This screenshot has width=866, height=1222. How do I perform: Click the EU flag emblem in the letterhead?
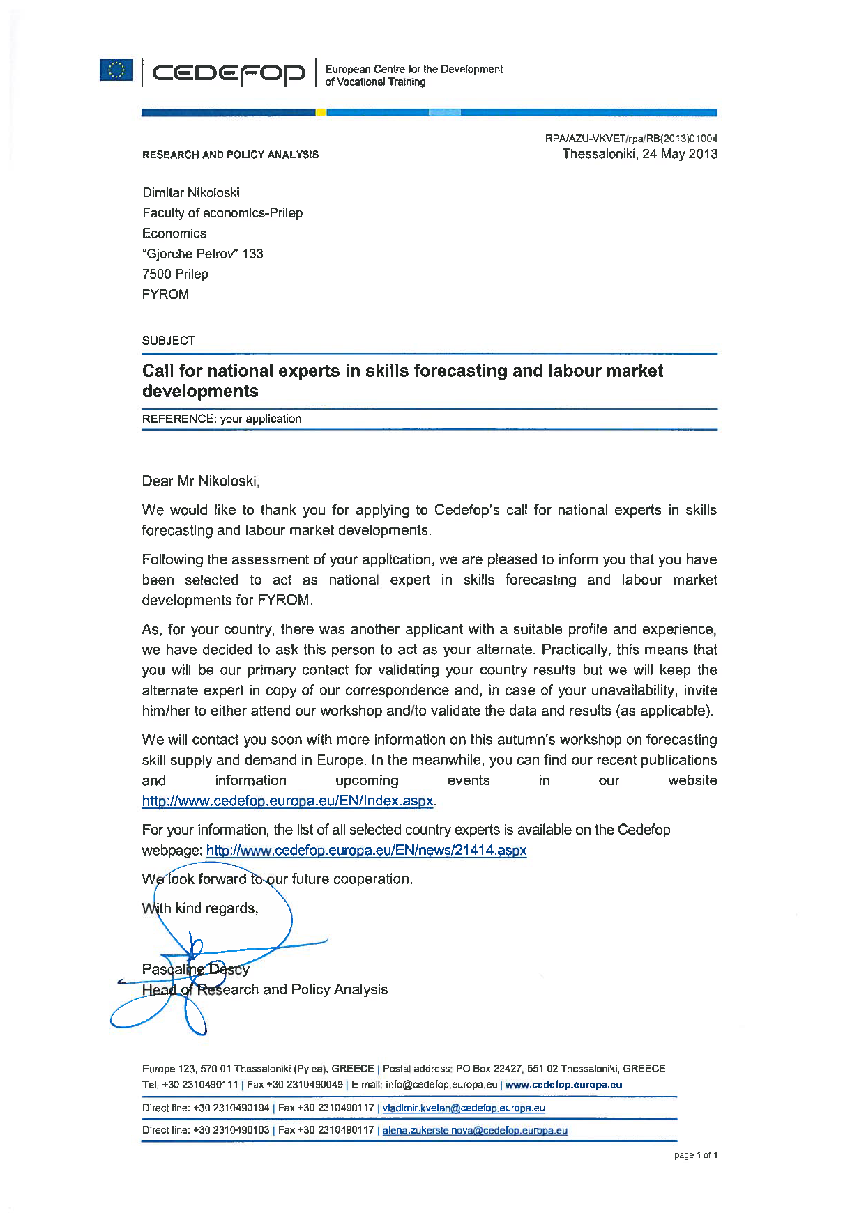tap(116, 70)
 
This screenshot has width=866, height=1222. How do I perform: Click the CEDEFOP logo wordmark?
tap(229, 73)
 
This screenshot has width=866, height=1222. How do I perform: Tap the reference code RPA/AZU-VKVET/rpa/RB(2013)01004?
tap(631, 139)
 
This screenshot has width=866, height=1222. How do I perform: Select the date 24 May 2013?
tap(680, 154)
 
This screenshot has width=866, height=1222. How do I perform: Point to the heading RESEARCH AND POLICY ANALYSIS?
tap(230, 155)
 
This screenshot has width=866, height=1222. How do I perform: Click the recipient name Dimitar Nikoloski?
tap(191, 193)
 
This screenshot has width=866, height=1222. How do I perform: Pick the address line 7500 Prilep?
tap(175, 274)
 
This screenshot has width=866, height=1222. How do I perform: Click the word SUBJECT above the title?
tap(169, 341)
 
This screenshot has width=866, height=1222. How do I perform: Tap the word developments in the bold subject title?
tap(200, 392)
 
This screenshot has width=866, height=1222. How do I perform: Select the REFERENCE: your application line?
tap(222, 419)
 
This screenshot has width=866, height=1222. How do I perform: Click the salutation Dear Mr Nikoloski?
tap(201, 481)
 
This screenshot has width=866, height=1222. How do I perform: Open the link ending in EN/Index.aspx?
tap(287, 801)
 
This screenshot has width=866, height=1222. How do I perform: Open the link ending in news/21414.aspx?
tap(366, 851)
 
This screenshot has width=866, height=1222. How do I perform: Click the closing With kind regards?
tap(200, 908)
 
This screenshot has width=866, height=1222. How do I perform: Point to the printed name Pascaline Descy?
tap(196, 969)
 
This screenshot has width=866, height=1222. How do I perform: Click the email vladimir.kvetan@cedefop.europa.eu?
tap(464, 1108)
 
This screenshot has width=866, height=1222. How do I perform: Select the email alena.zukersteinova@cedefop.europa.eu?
tap(475, 1131)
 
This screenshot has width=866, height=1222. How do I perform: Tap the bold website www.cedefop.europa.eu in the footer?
tap(563, 1085)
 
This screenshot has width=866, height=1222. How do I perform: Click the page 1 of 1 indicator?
tap(695, 1155)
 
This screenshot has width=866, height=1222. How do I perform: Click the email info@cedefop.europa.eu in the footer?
tap(441, 1085)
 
